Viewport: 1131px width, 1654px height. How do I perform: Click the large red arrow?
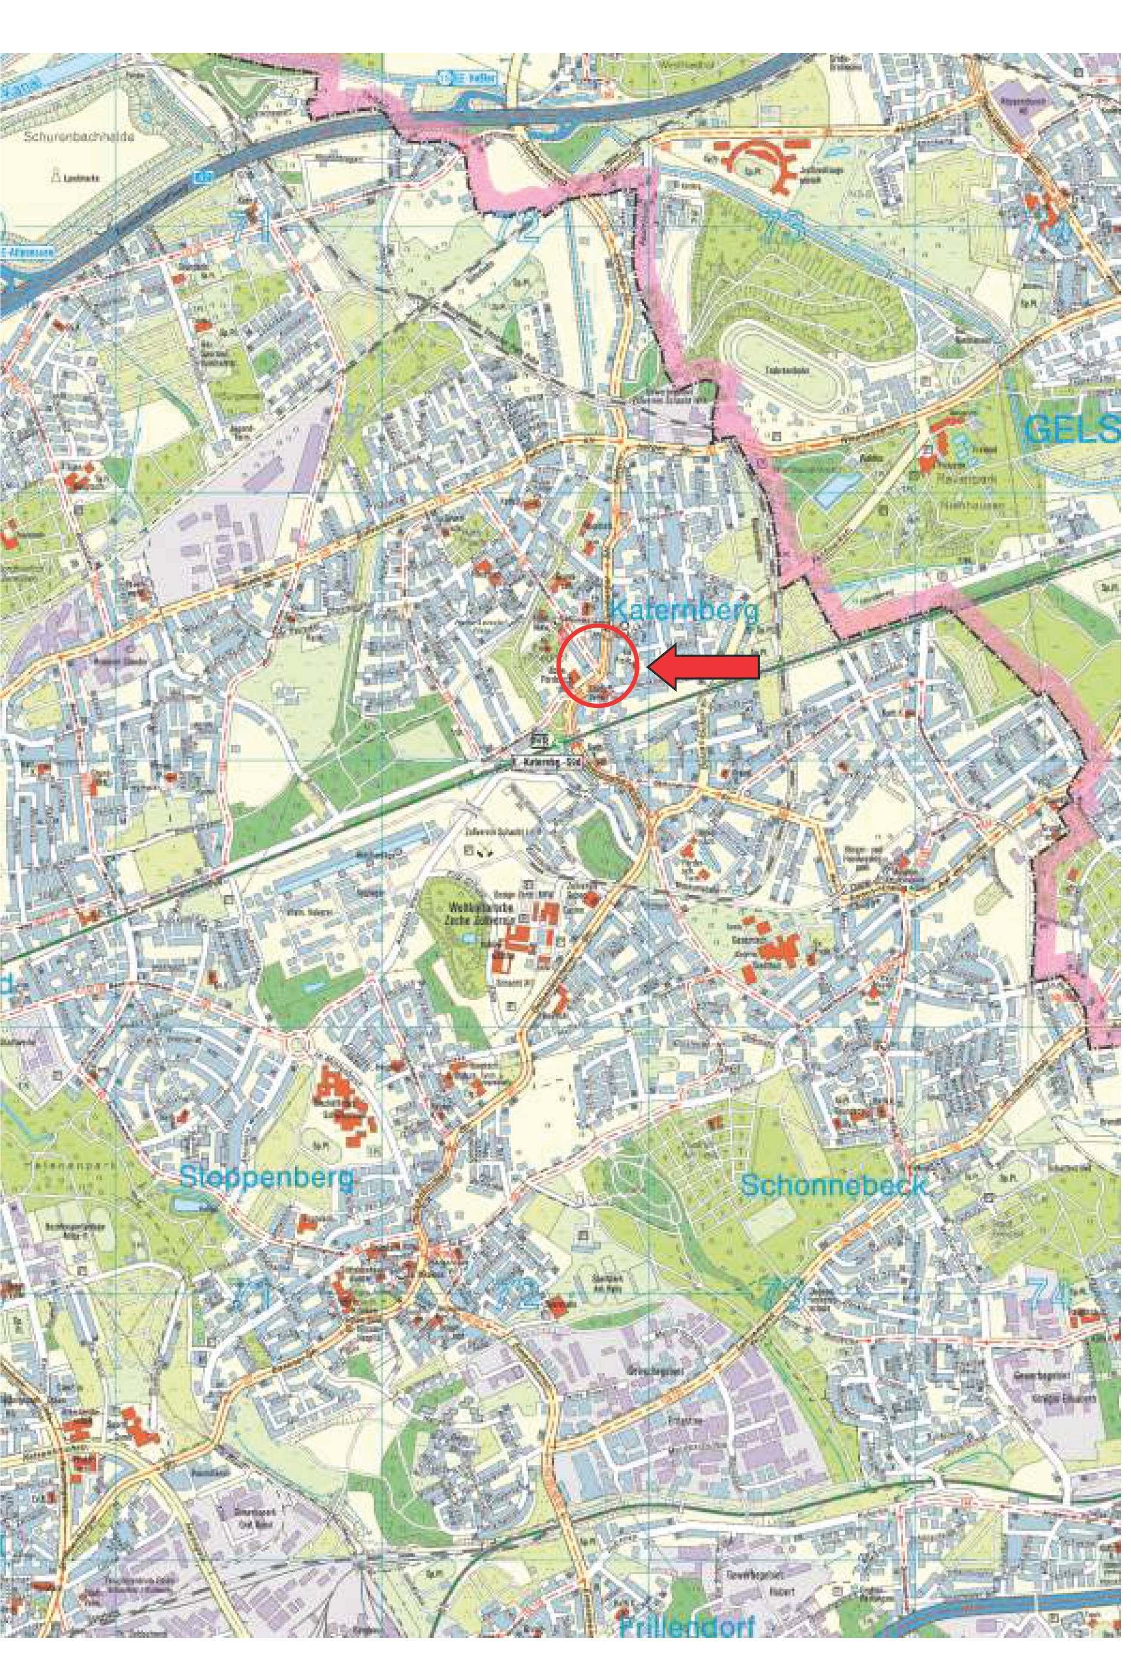click(704, 668)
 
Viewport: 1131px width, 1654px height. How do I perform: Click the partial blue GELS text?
click(1074, 431)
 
